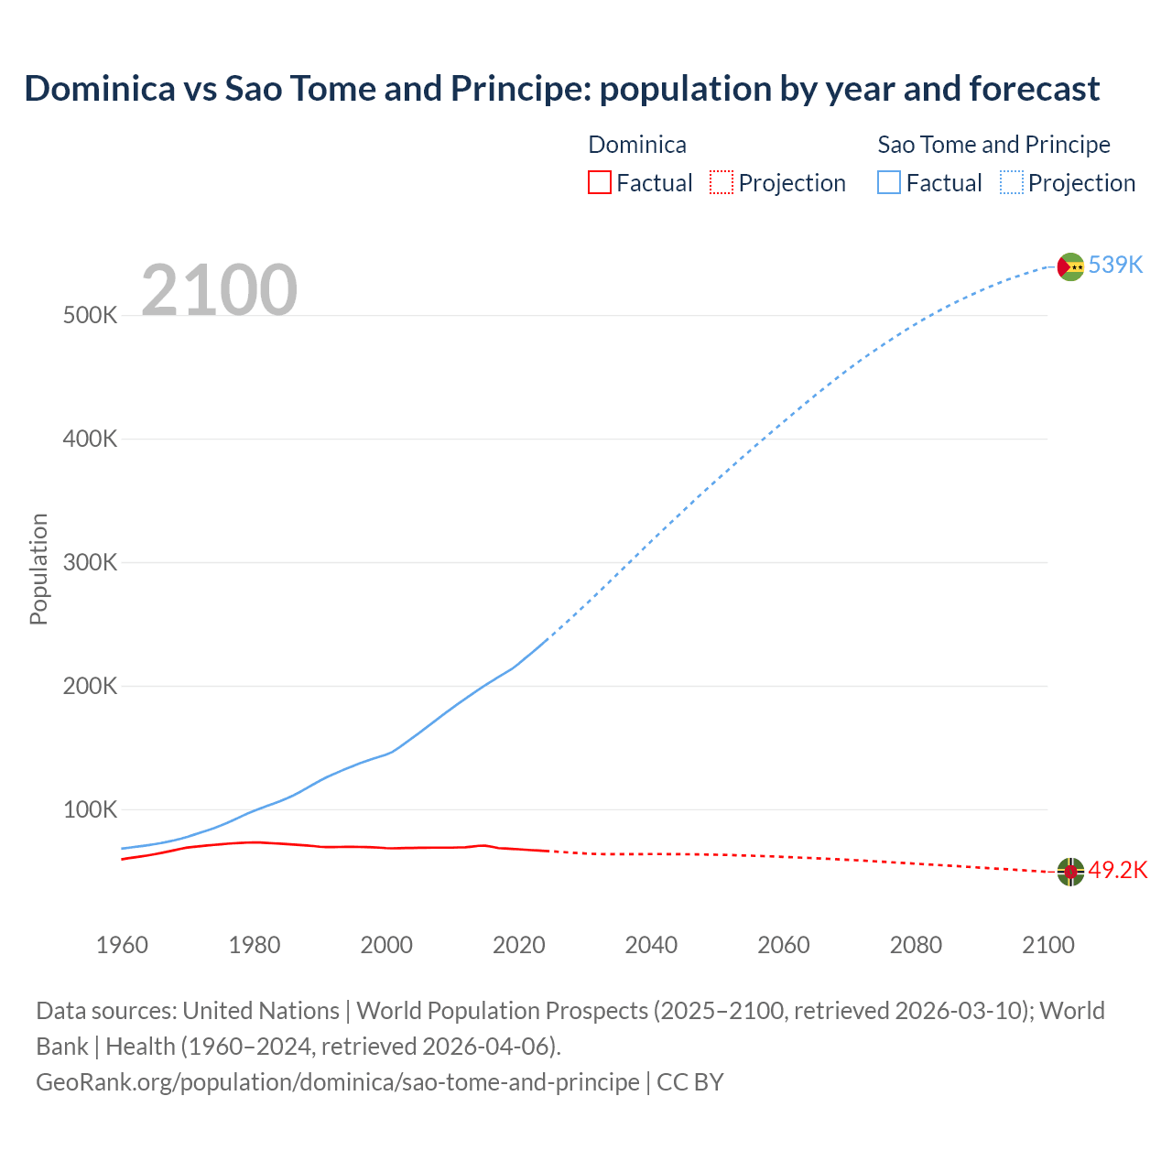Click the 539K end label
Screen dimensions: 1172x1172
tap(1115, 265)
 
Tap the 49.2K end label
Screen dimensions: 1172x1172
tap(1117, 870)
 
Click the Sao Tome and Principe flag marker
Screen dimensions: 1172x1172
tap(1070, 266)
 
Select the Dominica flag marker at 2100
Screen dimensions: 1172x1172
tap(1070, 872)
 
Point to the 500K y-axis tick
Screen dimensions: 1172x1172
tap(91, 316)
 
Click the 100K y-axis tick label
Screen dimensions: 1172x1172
tap(91, 810)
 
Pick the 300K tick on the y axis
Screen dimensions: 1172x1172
tap(91, 563)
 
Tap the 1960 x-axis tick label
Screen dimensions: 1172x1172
tap(122, 945)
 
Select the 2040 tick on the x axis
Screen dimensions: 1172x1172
tap(651, 945)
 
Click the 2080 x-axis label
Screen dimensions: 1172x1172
tap(916, 945)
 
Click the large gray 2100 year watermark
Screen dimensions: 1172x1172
tap(219, 290)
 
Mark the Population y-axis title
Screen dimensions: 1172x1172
tap(38, 569)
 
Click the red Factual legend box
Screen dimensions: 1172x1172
tap(599, 182)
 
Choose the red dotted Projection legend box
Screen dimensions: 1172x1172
tap(722, 182)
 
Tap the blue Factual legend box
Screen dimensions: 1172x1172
tap(888, 182)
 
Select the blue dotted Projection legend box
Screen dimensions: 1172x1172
tap(1011, 182)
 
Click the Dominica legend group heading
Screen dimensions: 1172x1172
tap(636, 145)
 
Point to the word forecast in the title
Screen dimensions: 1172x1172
tap(1034, 89)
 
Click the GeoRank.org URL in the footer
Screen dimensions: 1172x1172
tap(337, 1082)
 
